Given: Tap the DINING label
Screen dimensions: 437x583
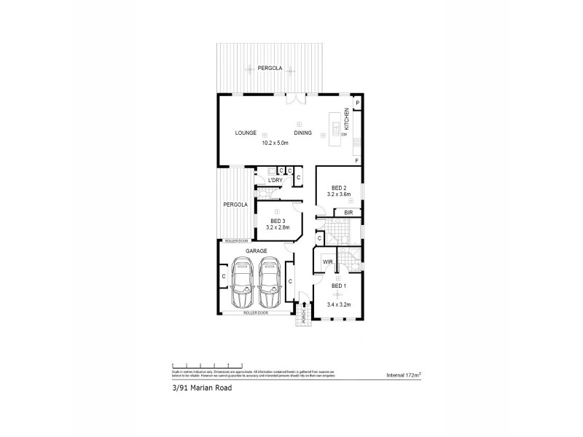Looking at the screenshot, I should [302, 133].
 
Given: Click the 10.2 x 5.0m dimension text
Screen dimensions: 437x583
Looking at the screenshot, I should [276, 143].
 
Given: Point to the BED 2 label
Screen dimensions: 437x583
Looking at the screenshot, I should [339, 187].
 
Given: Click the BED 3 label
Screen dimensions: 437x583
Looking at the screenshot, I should [278, 221].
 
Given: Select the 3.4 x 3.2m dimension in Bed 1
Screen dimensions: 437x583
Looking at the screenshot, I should [339, 304].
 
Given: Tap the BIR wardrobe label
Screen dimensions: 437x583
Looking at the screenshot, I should [348, 212].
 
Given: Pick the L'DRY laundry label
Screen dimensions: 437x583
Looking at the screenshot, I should [275, 180].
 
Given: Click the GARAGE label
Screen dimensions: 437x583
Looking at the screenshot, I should [256, 251].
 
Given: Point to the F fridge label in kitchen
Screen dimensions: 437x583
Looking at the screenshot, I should [356, 160].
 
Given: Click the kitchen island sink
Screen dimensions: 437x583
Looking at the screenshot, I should [337, 130].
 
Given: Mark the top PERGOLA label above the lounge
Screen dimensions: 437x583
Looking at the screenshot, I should [270, 68].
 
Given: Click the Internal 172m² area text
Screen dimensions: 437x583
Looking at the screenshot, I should [407, 376].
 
